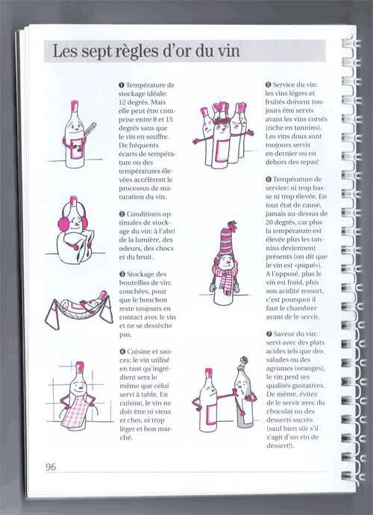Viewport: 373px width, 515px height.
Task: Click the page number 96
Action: coord(51,466)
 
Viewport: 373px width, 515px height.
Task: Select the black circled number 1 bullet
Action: coord(122,85)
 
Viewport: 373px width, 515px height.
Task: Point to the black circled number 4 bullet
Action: coord(122,352)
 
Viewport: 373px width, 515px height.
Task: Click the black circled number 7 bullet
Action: coord(269,334)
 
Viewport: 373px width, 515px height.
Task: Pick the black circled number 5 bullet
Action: coord(269,85)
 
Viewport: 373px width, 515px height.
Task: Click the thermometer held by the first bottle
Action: coord(87,138)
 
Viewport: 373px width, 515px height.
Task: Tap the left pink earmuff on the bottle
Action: coord(62,222)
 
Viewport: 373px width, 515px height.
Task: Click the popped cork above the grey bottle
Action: coord(245,360)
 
